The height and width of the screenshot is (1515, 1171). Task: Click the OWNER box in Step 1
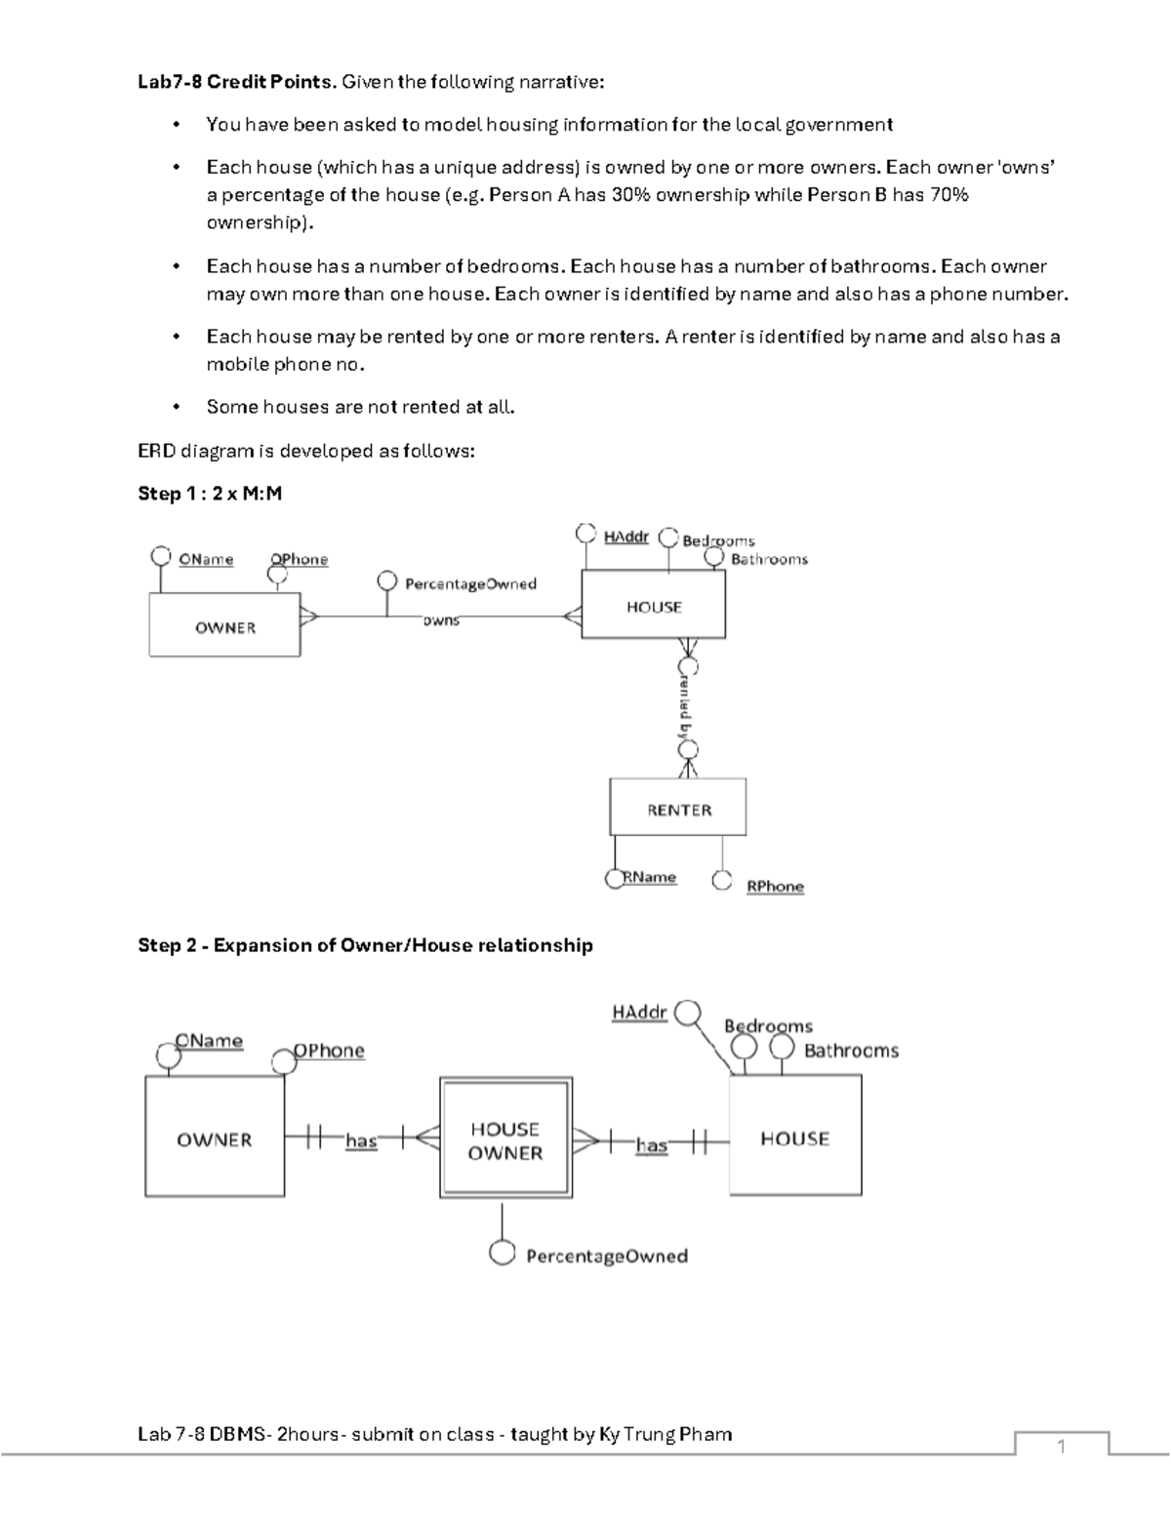pyautogui.click(x=224, y=626)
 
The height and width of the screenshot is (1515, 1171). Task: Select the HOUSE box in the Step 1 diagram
pyautogui.click(x=653, y=606)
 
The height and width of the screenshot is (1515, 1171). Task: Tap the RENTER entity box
pyautogui.click(x=678, y=809)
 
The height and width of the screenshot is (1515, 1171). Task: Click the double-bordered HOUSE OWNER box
pyautogui.click(x=505, y=1139)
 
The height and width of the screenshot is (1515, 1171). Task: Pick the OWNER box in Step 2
pyautogui.click(x=215, y=1138)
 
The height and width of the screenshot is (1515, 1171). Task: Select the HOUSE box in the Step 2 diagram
pyautogui.click(x=794, y=1137)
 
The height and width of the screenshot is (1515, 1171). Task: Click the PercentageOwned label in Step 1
pyautogui.click(x=470, y=583)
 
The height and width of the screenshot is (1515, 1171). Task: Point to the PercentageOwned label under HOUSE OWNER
pyautogui.click(x=606, y=1256)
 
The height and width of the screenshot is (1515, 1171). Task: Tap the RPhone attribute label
pyautogui.click(x=775, y=886)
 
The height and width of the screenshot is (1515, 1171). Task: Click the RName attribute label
pyautogui.click(x=651, y=877)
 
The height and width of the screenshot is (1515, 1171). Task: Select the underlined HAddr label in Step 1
pyautogui.click(x=626, y=537)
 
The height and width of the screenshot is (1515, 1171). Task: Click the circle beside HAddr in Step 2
pyautogui.click(x=688, y=1014)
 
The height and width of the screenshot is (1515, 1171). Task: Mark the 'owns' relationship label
pyautogui.click(x=440, y=620)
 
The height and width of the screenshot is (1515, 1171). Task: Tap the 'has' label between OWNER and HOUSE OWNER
pyautogui.click(x=361, y=1140)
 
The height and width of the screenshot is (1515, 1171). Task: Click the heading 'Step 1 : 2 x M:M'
pyautogui.click(x=210, y=494)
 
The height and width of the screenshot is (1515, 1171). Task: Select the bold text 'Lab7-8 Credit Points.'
pyautogui.click(x=236, y=82)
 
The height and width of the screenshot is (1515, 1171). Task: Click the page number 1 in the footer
pyautogui.click(x=1061, y=1447)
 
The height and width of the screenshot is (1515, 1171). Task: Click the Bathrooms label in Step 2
pyautogui.click(x=851, y=1051)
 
